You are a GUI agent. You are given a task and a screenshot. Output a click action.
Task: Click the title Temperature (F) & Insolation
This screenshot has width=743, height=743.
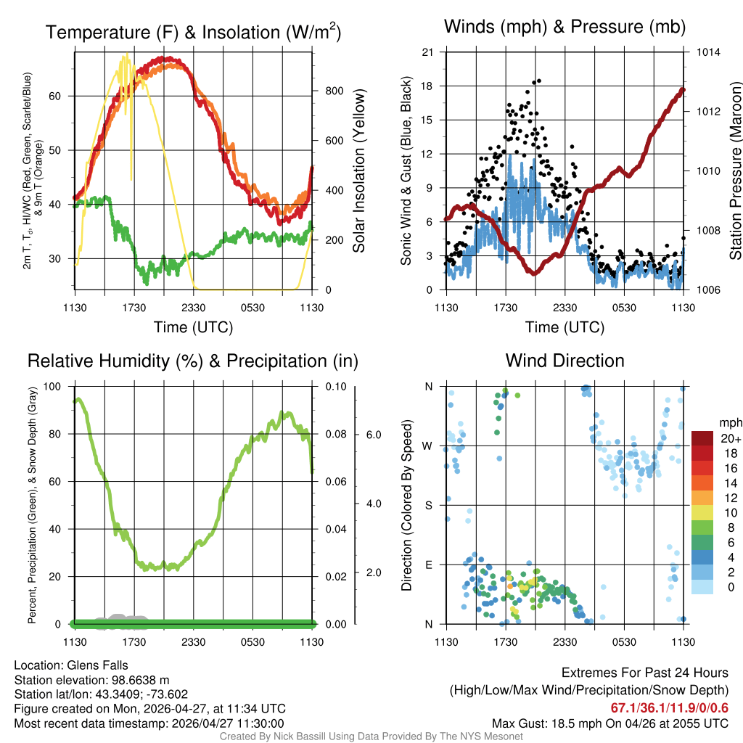pyautogui.click(x=193, y=33)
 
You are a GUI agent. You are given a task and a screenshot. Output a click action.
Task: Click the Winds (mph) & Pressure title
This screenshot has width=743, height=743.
pyautogui.click(x=565, y=27)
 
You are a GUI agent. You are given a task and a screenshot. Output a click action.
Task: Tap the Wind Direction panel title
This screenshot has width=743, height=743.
pyautogui.click(x=565, y=361)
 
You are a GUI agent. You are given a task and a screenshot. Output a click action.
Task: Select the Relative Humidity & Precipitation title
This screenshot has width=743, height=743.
pyautogui.click(x=192, y=361)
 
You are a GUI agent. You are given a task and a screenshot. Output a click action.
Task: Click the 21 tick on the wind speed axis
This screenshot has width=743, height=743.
pyautogui.click(x=427, y=52)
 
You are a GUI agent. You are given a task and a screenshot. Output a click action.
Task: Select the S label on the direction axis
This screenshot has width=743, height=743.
pyautogui.click(x=428, y=505)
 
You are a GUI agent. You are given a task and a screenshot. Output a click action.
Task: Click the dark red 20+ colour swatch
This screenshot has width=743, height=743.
pyautogui.click(x=703, y=438)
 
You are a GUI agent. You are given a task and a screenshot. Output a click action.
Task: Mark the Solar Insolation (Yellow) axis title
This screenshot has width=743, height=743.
pyautogui.click(x=358, y=171)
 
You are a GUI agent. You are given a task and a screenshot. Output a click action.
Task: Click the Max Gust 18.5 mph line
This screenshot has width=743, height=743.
pyautogui.click(x=609, y=723)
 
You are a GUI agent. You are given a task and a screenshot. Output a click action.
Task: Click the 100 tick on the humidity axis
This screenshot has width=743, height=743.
pyautogui.click(x=54, y=387)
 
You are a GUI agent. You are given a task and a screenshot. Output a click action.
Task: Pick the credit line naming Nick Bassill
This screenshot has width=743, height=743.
pyautogui.click(x=371, y=736)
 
